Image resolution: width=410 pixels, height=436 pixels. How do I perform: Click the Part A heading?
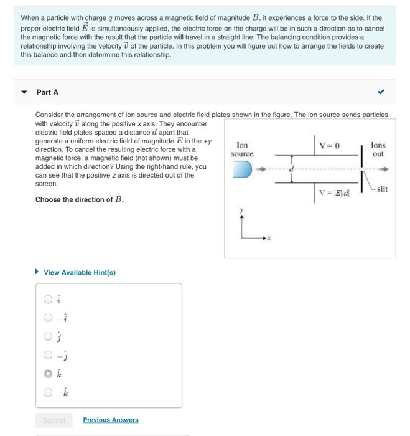click(x=47, y=92)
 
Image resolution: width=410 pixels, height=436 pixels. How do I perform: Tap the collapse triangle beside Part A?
click(x=24, y=92)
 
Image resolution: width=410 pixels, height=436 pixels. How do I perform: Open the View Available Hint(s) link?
click(x=79, y=272)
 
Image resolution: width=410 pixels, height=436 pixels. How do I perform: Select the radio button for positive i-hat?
click(x=48, y=300)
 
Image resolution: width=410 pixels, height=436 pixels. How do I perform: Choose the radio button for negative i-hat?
click(x=48, y=318)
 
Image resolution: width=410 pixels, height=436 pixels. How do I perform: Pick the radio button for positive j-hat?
click(x=48, y=337)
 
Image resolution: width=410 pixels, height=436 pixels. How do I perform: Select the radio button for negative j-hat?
click(x=48, y=356)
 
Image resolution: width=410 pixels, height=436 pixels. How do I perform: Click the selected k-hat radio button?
click(x=48, y=374)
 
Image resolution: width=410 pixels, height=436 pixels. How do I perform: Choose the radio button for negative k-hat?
click(x=48, y=393)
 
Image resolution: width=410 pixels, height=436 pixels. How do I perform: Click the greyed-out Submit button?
click(x=54, y=420)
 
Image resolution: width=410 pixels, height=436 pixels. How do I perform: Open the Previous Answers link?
click(x=111, y=420)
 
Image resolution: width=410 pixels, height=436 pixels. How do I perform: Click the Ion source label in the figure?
click(x=242, y=149)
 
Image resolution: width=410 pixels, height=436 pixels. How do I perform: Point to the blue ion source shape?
click(x=241, y=168)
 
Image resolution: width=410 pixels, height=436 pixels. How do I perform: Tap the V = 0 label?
click(x=330, y=145)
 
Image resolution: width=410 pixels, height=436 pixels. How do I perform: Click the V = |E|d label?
click(x=333, y=193)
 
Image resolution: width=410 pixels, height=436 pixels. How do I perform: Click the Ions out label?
click(x=378, y=149)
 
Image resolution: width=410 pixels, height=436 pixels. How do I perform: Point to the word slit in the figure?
click(x=382, y=189)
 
